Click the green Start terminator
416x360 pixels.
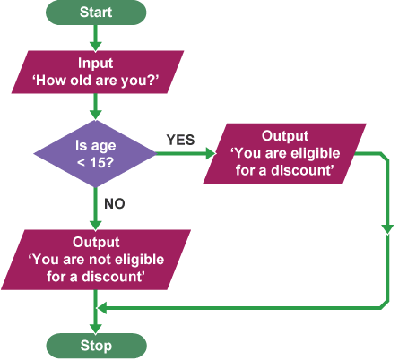click(x=96, y=13)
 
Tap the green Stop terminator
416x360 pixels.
click(x=96, y=346)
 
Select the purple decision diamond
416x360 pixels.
click(x=95, y=154)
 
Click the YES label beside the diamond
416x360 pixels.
click(x=180, y=140)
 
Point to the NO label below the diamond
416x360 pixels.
click(x=115, y=203)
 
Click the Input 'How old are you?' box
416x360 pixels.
click(x=98, y=72)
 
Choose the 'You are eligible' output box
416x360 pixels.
click(x=285, y=153)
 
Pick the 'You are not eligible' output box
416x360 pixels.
click(x=96, y=260)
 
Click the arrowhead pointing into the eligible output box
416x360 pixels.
click(x=211, y=154)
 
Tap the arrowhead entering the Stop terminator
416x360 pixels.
click(x=96, y=329)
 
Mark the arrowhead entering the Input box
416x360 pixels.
click(x=96, y=47)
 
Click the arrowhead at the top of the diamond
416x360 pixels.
click(x=96, y=116)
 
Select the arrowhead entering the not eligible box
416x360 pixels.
click(x=96, y=226)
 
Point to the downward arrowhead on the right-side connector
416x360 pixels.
click(x=387, y=229)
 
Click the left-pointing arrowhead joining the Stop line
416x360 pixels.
click(x=102, y=308)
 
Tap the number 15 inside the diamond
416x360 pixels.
click(x=97, y=162)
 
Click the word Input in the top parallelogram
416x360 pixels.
click(x=96, y=63)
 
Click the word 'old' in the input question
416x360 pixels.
click(x=77, y=81)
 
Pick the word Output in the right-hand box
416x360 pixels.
click(x=285, y=136)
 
